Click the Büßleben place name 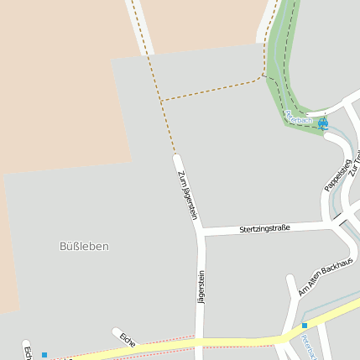click(x=85, y=246)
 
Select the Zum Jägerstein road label click(x=187, y=195)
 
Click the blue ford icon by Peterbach click(x=323, y=123)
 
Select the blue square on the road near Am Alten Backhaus click(x=305, y=325)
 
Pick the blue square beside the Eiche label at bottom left click(x=44, y=354)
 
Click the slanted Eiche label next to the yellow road click(x=128, y=339)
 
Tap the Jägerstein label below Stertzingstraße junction click(x=201, y=285)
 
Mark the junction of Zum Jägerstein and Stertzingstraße click(x=201, y=232)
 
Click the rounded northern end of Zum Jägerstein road click(x=177, y=159)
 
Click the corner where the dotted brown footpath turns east click(x=161, y=101)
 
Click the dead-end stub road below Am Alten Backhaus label click(x=291, y=290)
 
